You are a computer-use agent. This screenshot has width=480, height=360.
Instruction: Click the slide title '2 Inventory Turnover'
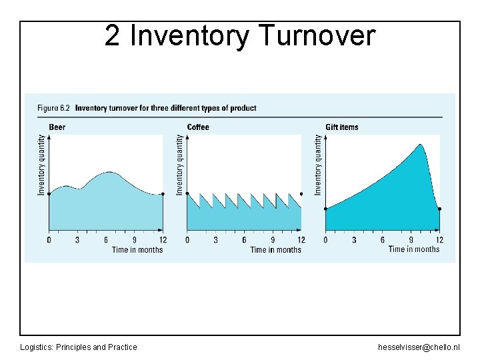tap(240, 36)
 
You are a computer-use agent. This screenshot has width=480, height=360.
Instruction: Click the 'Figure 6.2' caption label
tap(53, 108)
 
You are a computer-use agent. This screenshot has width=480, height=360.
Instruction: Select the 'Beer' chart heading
tap(57, 127)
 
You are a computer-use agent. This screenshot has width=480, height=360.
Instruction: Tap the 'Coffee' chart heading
tap(198, 127)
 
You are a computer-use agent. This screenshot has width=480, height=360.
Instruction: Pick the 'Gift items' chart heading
tap(342, 127)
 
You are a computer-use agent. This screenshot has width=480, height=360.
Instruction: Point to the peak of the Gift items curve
tap(420, 145)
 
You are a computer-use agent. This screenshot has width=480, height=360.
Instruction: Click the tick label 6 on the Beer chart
tap(106, 240)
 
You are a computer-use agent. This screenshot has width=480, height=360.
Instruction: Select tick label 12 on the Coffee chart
tap(301, 240)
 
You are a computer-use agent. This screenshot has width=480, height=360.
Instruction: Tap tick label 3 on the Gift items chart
tap(354, 240)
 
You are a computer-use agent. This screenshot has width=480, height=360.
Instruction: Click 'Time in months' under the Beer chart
tap(137, 250)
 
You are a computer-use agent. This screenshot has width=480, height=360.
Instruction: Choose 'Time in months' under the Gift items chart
tap(414, 249)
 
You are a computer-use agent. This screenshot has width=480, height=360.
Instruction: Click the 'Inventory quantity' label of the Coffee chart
tap(179, 165)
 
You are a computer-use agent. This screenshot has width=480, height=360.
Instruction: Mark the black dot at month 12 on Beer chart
tap(163, 194)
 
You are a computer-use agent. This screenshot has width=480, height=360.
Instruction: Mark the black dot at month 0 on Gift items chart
tap(325, 209)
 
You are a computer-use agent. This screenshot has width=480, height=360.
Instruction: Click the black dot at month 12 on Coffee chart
tap(301, 194)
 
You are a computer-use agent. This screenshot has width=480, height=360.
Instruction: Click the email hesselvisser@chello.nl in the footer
tap(419, 347)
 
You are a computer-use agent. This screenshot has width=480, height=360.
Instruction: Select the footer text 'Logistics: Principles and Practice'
tap(79, 347)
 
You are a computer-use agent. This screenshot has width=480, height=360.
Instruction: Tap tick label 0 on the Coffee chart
tap(187, 240)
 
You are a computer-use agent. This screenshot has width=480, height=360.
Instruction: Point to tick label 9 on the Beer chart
tap(135, 240)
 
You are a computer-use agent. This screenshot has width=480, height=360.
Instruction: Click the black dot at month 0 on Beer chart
tap(49, 194)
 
